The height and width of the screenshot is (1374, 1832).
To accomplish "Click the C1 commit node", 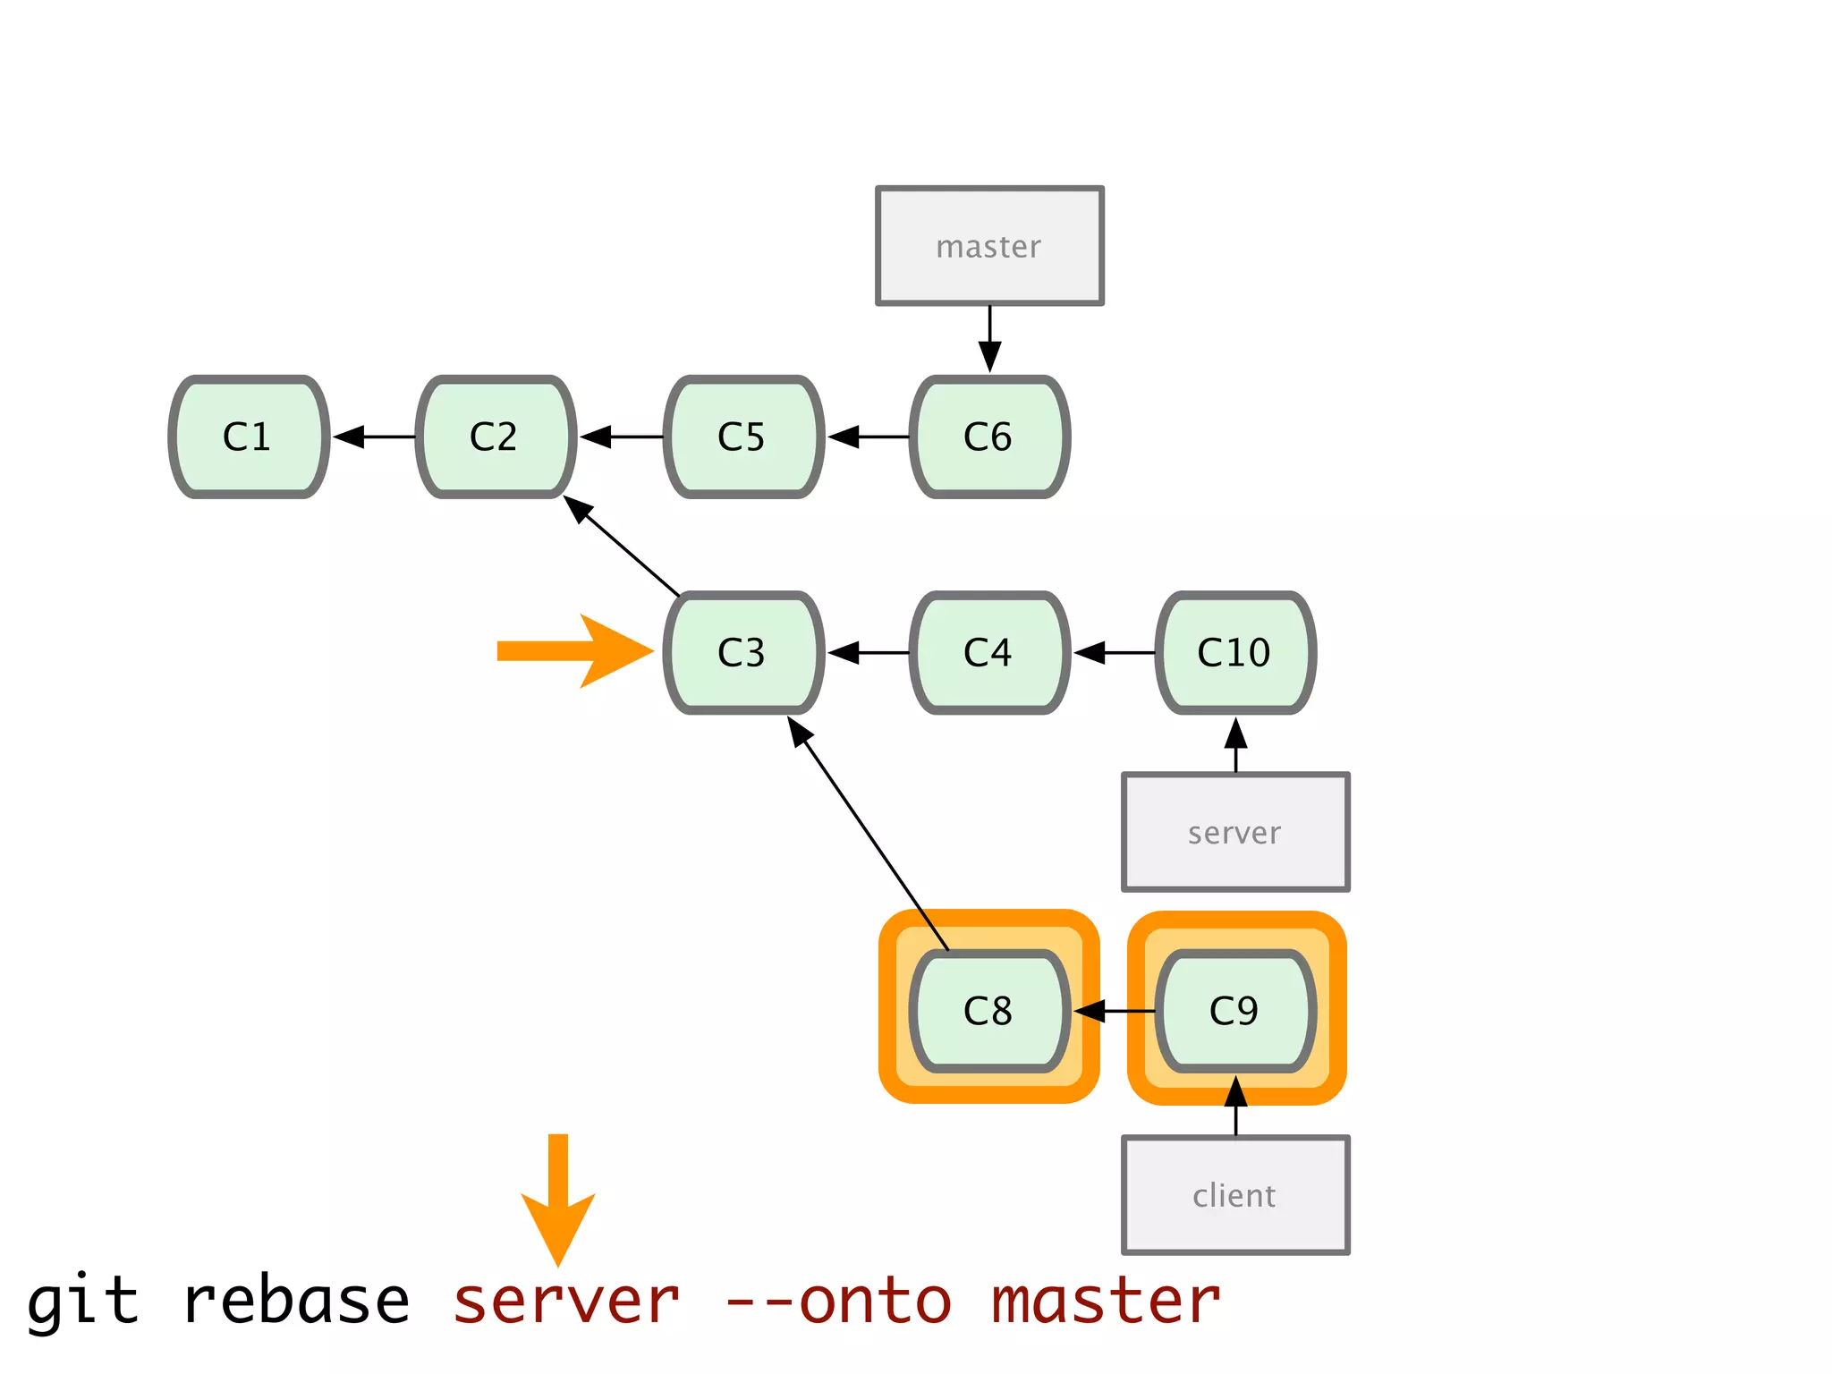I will coord(249,437).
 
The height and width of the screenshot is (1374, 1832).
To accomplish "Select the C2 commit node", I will coord(496,437).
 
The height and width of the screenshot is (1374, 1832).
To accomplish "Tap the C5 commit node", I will coord(742,437).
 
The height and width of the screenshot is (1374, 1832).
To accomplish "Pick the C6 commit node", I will coord(989,437).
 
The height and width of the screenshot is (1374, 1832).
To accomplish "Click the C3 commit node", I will coord(742,652).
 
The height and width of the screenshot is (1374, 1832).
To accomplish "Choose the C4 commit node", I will coord(989,652).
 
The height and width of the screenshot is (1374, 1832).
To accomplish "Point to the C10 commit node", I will coord(1235,652).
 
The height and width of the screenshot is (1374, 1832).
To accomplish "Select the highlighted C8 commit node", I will coord(989,1011).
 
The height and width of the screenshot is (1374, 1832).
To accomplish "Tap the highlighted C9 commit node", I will coord(1235,1011).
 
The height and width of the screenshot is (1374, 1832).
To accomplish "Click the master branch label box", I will coord(989,246).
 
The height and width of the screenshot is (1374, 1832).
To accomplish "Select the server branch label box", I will coord(1235,833).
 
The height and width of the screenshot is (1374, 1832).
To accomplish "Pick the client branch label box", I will coord(1235,1195).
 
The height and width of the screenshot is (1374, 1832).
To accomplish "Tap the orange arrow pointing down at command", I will coord(558,1199).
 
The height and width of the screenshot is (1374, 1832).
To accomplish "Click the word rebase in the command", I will coord(296,1301).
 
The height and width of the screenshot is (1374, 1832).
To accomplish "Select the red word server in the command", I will coord(566,1301).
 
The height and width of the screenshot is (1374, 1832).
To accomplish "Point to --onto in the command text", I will coord(838,1301).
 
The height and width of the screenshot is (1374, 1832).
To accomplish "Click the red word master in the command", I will coord(1106,1301).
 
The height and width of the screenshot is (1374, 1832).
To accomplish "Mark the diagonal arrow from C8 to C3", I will coord(868,834).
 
